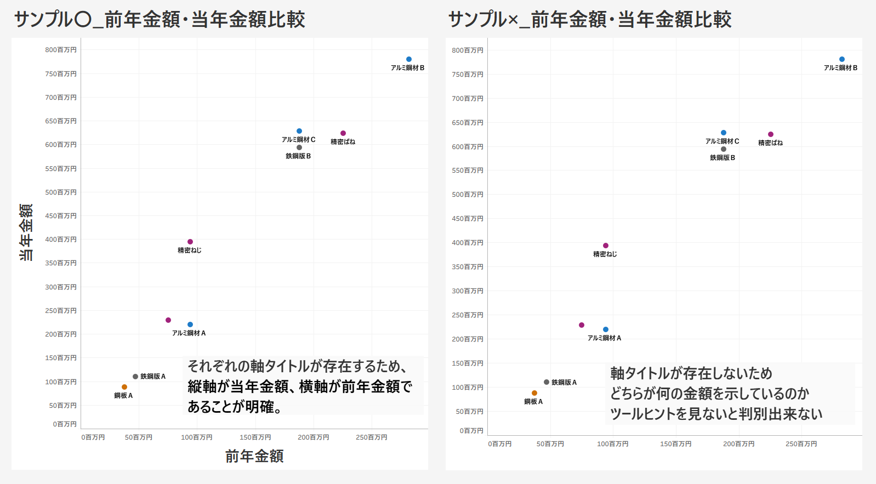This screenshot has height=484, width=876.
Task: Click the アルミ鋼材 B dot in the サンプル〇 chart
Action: [x=409, y=59]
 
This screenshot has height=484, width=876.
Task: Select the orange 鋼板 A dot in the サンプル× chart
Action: [x=534, y=393]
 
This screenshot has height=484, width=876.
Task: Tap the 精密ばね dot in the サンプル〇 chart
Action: [x=343, y=133]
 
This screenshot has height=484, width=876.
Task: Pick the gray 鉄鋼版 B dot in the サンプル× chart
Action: [x=724, y=149]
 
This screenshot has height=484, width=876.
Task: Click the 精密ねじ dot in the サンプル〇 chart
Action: [x=190, y=242]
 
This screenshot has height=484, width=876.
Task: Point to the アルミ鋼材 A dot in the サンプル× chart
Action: [x=606, y=329]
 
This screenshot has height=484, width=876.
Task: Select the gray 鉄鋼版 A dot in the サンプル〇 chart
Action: [x=135, y=377]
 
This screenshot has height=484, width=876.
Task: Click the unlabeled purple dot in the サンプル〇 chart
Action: [x=168, y=320]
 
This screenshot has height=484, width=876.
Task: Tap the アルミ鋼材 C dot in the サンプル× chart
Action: [x=724, y=133]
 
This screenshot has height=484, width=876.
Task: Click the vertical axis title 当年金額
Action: [x=26, y=232]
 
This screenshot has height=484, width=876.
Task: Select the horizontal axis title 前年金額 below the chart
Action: [x=254, y=456]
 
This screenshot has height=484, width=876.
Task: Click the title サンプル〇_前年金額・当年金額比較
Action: [x=160, y=20]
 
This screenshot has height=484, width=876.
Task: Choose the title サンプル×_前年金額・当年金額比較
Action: [x=590, y=20]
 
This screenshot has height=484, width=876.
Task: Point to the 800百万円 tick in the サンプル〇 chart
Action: [x=61, y=50]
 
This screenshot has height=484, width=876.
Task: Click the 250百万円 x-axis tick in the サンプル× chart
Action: [x=801, y=444]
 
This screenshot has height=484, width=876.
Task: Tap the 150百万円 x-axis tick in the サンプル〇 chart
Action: [x=255, y=437]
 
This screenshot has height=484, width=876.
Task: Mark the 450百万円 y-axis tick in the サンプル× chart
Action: [x=468, y=219]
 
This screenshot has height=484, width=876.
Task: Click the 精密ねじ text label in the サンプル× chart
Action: [x=605, y=254]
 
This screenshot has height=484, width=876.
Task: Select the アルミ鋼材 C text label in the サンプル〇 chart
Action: [x=299, y=140]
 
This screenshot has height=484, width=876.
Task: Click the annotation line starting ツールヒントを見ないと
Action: [x=716, y=414]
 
